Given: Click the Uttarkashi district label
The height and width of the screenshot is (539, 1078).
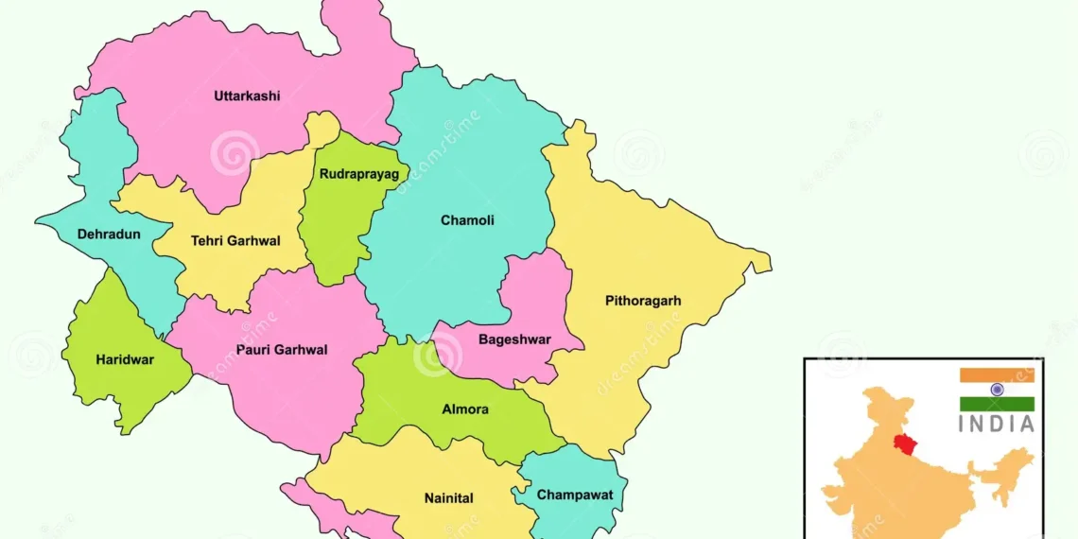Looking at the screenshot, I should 247,96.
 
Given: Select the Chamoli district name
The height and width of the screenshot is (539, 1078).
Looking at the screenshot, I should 467,220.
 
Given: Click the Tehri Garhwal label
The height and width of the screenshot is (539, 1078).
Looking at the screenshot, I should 235,241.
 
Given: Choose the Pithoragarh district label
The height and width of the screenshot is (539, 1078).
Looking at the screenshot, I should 643,302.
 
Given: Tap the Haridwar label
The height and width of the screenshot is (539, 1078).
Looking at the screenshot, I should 125,359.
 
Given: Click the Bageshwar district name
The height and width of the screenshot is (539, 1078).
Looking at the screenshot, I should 514,339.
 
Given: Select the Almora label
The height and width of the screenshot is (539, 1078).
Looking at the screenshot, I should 465,409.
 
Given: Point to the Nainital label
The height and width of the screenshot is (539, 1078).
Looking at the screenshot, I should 449,498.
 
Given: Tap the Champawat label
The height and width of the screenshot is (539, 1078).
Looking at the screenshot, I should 575,495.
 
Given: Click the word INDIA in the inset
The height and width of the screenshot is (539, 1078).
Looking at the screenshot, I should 997,426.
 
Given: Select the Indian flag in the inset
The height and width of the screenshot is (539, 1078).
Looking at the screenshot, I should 997,390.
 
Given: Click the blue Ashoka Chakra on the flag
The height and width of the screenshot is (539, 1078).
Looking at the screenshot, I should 997,390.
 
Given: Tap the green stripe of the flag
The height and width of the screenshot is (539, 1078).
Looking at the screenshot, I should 997,404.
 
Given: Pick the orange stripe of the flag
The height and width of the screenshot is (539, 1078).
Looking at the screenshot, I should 997,375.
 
